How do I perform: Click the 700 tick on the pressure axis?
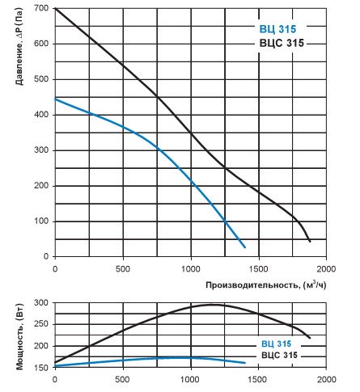[41, 8]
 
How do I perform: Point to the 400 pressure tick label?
[41, 115]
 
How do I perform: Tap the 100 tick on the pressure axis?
[41, 221]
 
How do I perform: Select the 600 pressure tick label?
[41, 44]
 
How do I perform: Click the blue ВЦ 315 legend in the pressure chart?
[277, 29]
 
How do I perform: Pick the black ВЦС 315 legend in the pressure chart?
[282, 43]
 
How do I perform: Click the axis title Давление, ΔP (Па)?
[19, 46]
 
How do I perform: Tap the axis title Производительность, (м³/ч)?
[266, 285]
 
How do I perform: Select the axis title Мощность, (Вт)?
[19, 337]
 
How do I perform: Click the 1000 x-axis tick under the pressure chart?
[191, 269]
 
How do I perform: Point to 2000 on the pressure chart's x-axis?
[326, 269]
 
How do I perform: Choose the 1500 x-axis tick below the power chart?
[259, 380]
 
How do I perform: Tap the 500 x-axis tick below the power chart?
[123, 380]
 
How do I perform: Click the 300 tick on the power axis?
[41, 303]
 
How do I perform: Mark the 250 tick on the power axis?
[41, 324]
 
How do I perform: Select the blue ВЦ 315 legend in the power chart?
[277, 344]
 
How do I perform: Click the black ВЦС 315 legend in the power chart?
[279, 355]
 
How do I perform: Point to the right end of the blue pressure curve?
[245, 247]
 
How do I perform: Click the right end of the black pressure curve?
[310, 241]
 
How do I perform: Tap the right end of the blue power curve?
[245, 363]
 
